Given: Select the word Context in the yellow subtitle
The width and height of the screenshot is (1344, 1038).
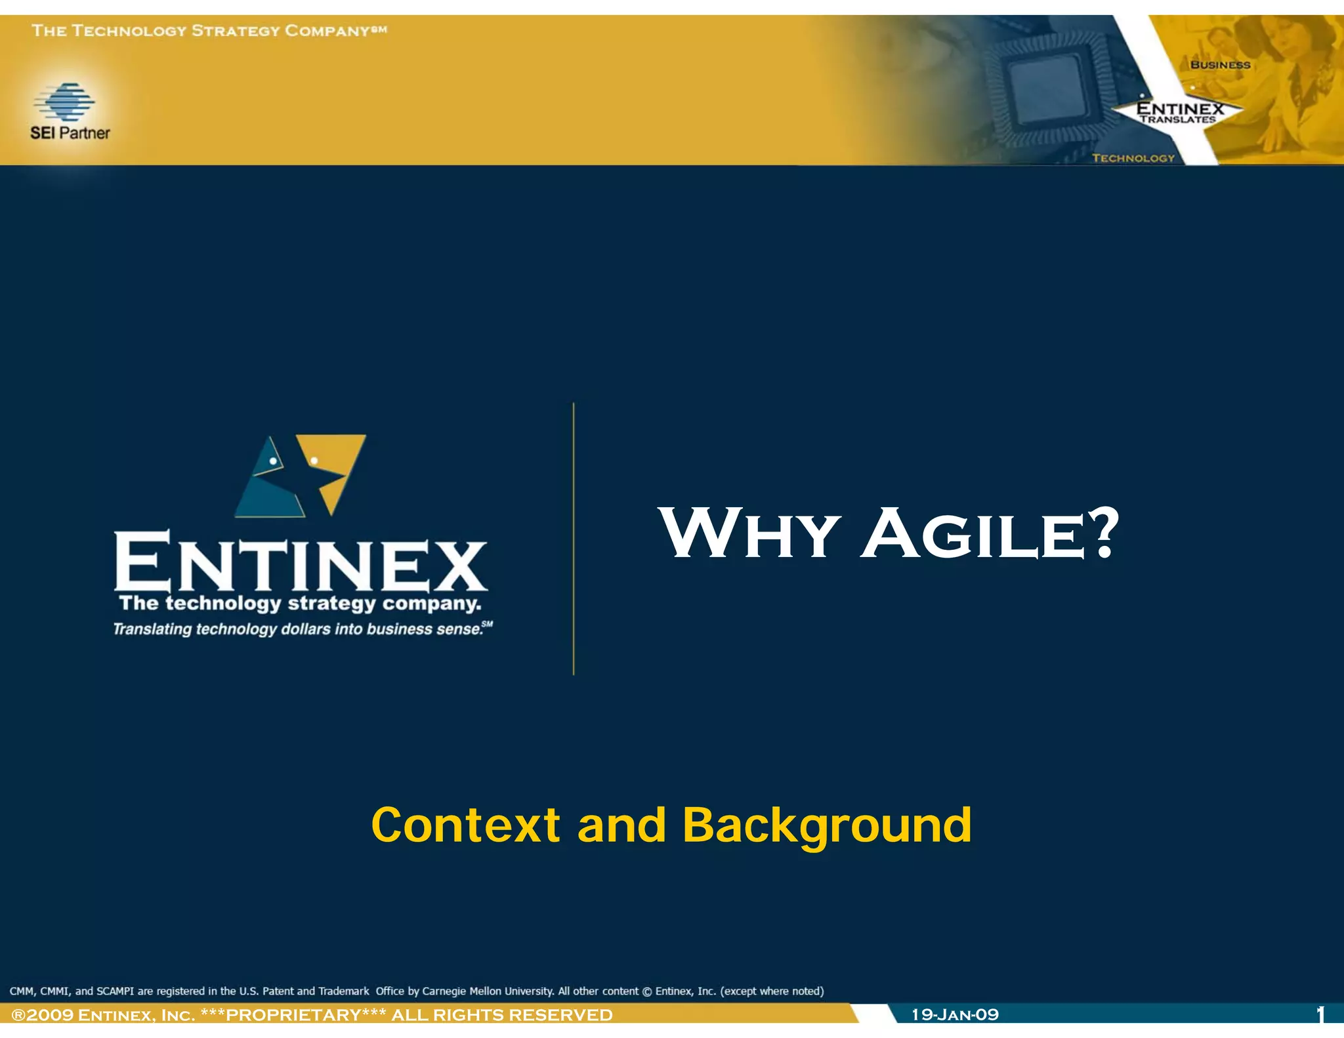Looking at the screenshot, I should click(465, 825).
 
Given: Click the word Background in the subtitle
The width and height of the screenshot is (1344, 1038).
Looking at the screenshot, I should click(827, 825).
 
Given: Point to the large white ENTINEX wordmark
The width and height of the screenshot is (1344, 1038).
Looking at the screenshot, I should click(301, 561).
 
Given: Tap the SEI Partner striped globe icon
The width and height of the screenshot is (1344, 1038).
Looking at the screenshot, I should click(64, 102).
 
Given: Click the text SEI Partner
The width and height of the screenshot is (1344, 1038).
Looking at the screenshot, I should click(70, 133).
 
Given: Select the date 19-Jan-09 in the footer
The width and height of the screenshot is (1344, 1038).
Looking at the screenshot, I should click(955, 1014).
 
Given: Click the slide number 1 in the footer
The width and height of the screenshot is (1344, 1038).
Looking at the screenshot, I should click(1320, 1015).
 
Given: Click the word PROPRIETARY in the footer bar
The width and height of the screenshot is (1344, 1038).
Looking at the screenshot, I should click(293, 1015).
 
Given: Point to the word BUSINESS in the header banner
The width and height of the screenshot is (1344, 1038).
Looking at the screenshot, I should click(1220, 65).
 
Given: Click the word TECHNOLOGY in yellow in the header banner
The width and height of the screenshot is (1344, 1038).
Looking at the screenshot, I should click(1133, 158).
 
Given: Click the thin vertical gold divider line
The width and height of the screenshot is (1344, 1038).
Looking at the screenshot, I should click(574, 538).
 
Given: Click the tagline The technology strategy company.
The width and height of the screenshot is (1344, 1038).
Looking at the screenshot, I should click(300, 603).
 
